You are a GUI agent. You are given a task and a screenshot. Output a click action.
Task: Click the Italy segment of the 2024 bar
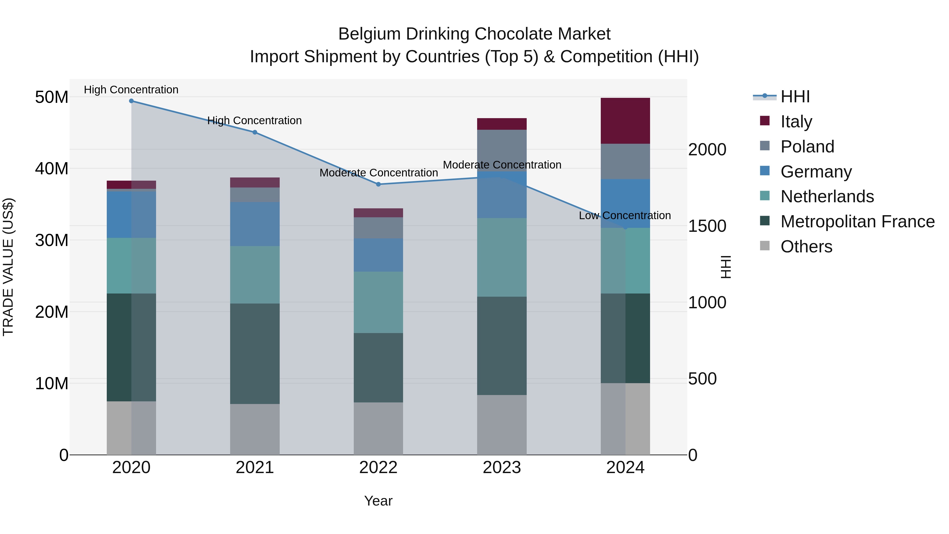(625, 121)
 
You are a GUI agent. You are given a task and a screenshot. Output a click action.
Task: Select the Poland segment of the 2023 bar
(502, 150)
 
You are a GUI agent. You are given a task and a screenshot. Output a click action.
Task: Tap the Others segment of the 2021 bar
(255, 429)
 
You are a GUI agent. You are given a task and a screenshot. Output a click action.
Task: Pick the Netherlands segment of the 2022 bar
(378, 302)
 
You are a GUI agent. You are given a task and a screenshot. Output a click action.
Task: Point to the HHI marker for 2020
(131, 101)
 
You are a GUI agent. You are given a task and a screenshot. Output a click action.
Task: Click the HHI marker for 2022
(378, 184)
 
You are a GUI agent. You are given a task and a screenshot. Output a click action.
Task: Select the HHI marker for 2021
(255, 132)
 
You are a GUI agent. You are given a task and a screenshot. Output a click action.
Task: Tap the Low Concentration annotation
(624, 216)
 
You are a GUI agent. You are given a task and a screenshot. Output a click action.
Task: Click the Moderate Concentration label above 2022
(378, 173)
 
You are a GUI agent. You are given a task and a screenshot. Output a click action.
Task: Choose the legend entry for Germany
(816, 172)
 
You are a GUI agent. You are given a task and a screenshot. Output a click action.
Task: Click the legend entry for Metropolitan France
(857, 222)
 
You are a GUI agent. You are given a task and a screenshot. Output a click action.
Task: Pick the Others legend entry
(806, 247)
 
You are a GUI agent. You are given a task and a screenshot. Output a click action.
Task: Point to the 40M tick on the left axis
(52, 169)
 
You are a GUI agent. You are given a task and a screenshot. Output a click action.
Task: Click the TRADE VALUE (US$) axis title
(8, 267)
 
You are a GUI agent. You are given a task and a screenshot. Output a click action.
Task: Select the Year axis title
(378, 501)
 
